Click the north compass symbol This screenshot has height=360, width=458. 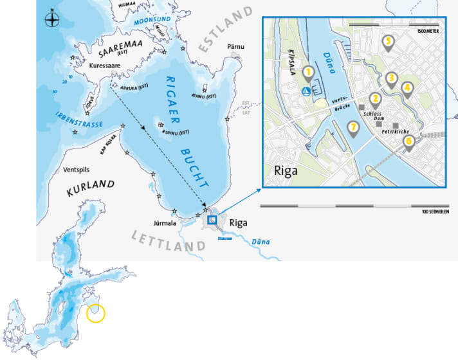click(51, 19)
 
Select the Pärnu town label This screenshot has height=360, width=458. click(236, 47)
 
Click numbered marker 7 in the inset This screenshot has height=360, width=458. click(352, 128)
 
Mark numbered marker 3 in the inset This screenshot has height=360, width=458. click(390, 79)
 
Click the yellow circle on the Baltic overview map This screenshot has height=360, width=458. click(94, 313)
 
